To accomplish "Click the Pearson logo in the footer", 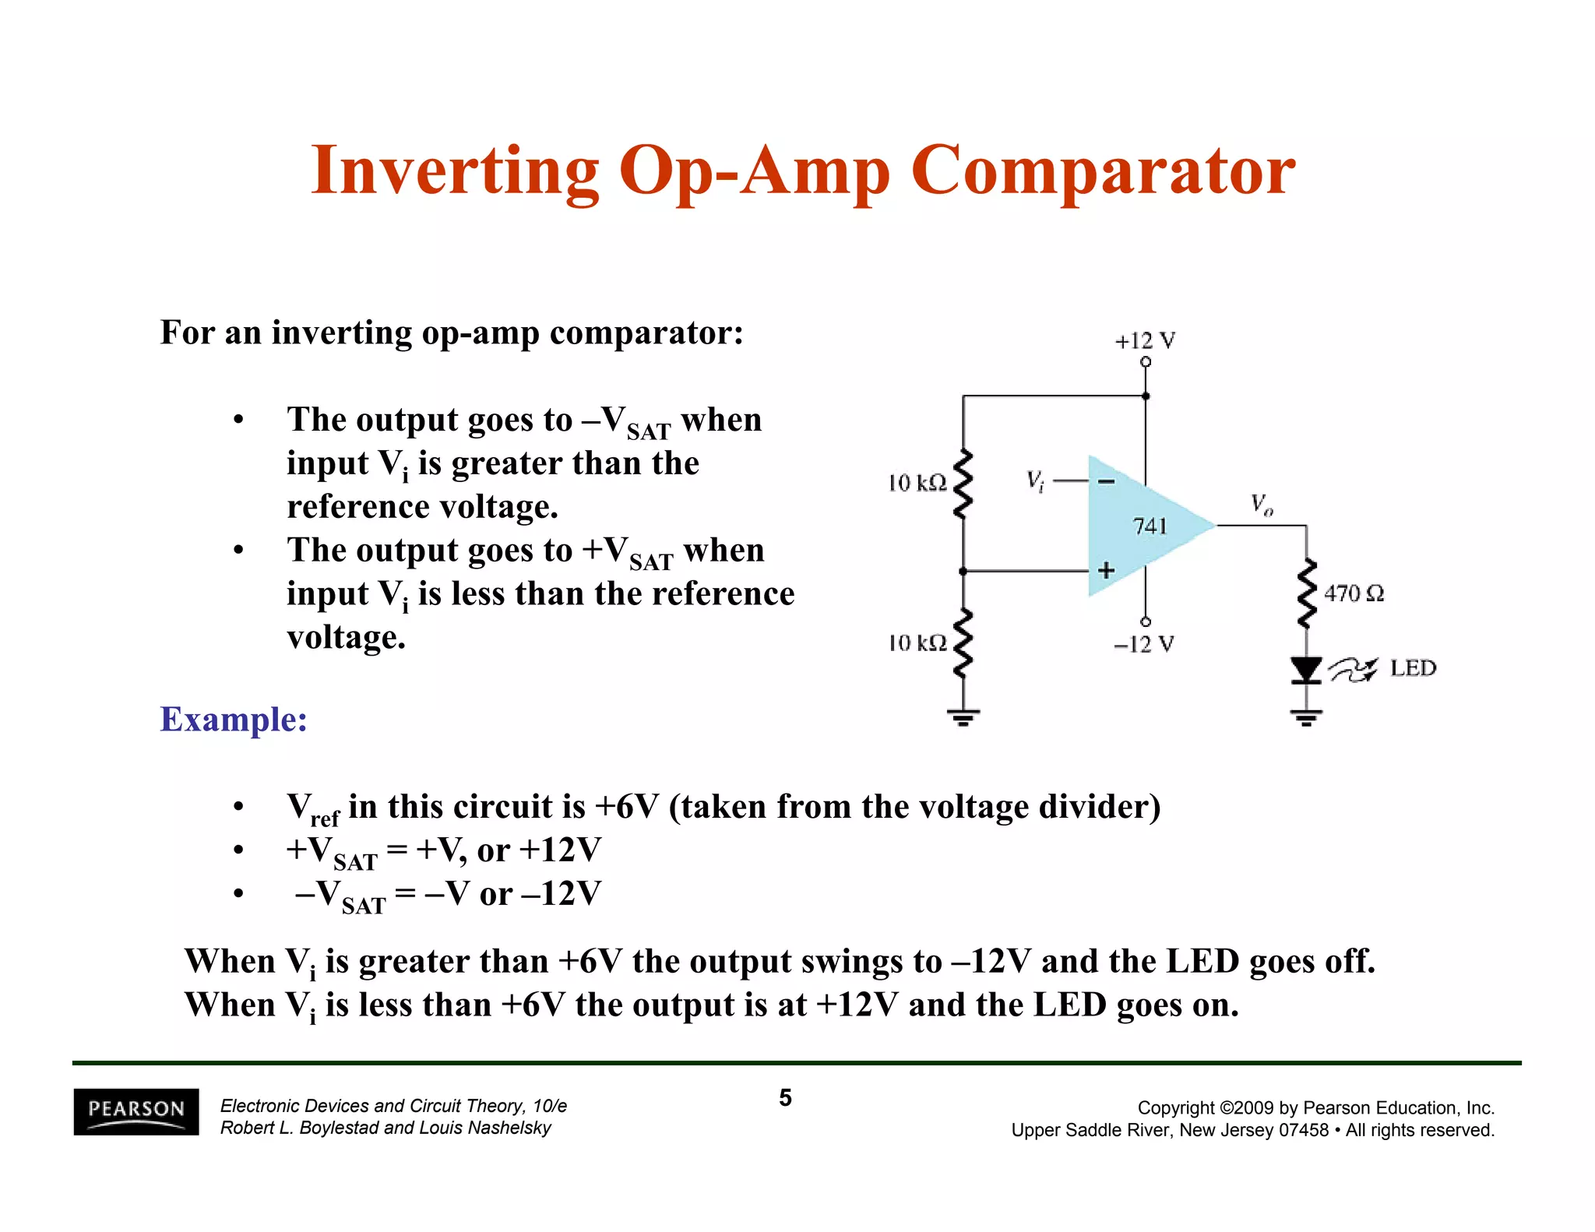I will [x=136, y=1111].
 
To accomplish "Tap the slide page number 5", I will [x=785, y=1098].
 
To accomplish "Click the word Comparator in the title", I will [x=1102, y=171].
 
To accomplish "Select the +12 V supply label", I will [x=1144, y=341].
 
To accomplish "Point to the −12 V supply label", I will [x=1143, y=644].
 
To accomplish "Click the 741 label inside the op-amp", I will [x=1150, y=526].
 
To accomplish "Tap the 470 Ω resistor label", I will [x=1354, y=593].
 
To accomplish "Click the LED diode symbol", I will [x=1306, y=670].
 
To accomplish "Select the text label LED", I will [x=1413, y=668].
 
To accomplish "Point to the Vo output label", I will [x=1262, y=505].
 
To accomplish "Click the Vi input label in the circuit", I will [x=1034, y=481].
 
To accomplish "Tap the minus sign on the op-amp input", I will [x=1106, y=482].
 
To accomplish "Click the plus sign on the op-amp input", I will [x=1106, y=571].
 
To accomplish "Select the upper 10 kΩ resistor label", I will [x=917, y=484].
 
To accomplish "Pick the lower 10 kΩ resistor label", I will [x=917, y=643].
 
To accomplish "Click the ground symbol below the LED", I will [x=1306, y=717].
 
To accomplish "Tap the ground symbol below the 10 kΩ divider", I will [x=963, y=717].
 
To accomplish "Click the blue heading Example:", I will [x=234, y=719].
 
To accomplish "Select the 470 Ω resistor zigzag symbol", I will [x=1306, y=593].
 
